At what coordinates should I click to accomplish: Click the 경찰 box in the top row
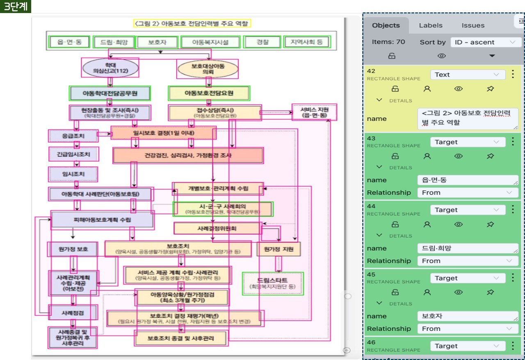tap(262, 42)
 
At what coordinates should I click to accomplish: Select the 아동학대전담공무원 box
tap(110, 93)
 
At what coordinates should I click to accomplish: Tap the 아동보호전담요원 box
tap(209, 93)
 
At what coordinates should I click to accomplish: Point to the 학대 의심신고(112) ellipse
tap(110, 68)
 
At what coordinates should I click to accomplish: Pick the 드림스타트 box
tap(273, 283)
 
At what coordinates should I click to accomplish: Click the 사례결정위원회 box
tap(217, 228)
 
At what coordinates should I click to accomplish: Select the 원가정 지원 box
tap(278, 249)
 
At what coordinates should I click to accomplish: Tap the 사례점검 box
tap(73, 312)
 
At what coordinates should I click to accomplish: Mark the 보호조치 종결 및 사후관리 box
tap(181, 338)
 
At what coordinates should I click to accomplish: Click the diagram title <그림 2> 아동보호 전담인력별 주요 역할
tap(192, 23)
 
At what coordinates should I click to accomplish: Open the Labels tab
tap(431, 25)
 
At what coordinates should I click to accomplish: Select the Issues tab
tap(473, 25)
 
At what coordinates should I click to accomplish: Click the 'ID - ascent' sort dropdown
tap(486, 42)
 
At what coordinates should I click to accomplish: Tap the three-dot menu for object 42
tap(513, 74)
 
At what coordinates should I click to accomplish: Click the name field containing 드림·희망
tap(468, 248)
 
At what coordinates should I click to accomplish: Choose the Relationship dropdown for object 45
tap(468, 329)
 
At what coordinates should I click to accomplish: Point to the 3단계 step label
tap(16, 7)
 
